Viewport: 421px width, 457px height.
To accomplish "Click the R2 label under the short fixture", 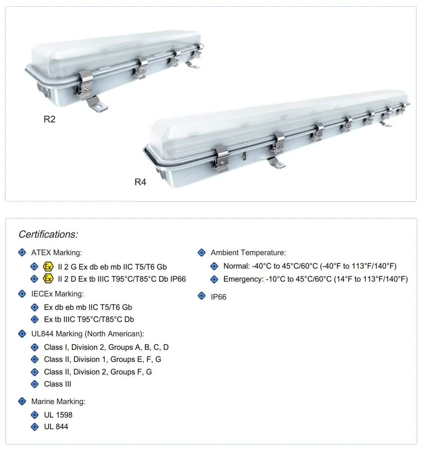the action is [49, 119].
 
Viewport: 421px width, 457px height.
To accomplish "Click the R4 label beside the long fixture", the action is [140, 182].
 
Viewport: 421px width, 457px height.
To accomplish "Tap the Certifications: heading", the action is [48, 234].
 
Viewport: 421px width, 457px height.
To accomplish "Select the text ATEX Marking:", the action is [57, 252].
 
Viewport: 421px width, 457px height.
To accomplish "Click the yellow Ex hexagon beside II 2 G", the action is [48, 267].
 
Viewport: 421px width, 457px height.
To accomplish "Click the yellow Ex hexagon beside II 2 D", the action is [48, 279].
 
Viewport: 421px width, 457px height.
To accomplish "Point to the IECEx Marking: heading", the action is [58, 294].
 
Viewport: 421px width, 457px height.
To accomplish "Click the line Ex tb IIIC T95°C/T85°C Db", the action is [89, 319].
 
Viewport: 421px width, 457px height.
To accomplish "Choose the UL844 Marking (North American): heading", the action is [88, 334].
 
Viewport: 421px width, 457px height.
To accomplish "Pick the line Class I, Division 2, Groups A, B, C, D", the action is [106, 348].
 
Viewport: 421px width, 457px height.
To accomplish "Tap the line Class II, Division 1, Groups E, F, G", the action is [102, 359].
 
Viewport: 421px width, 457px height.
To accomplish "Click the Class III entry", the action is [58, 384].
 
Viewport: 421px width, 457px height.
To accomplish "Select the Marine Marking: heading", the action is [58, 402].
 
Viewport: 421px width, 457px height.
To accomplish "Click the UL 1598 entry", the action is [58, 415].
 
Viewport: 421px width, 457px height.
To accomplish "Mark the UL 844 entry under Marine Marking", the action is [56, 427].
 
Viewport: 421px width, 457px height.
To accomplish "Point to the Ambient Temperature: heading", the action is [248, 252].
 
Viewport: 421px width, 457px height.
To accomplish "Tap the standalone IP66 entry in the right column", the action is [219, 297].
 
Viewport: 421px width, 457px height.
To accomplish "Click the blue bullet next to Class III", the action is [35, 384].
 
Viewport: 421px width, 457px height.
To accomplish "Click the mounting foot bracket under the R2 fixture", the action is [96, 104].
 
